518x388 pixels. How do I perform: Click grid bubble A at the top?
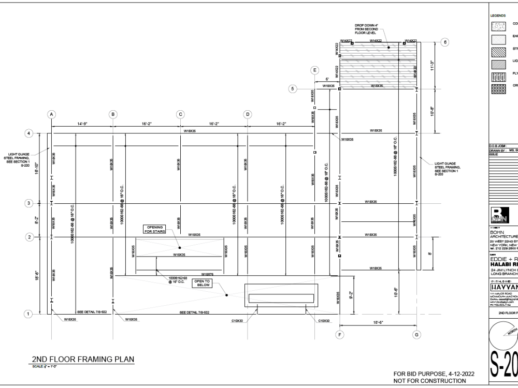coord(51,114)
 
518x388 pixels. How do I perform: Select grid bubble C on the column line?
coord(180,114)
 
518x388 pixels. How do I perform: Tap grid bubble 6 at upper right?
coord(444,42)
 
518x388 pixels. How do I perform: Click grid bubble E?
coord(314,69)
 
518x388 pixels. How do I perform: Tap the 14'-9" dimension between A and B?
coord(83,124)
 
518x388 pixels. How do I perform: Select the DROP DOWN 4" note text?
coord(368,28)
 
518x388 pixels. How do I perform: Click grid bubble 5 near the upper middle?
coord(293,89)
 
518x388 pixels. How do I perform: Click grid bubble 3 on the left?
coord(30,203)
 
